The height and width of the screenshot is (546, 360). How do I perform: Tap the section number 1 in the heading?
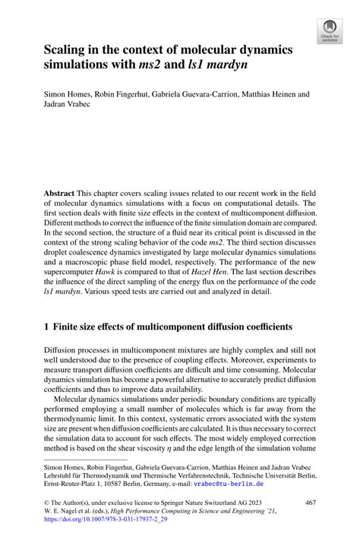click(47, 327)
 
